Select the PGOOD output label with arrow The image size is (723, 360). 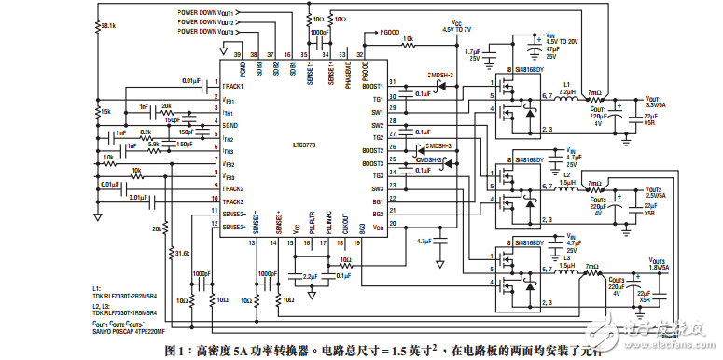pyautogui.click(x=388, y=31)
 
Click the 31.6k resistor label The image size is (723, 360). pyautogui.click(x=182, y=253)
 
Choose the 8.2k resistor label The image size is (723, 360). pyautogui.click(x=146, y=132)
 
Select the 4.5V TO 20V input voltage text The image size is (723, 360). pyautogui.click(x=565, y=41)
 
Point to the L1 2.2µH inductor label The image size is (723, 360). pyautogui.click(x=565, y=88)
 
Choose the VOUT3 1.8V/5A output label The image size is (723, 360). pyautogui.click(x=653, y=264)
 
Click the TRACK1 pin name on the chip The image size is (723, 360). pyautogui.click(x=238, y=86)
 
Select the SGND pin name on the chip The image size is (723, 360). pyautogui.click(x=230, y=124)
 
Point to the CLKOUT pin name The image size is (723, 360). pyautogui.click(x=345, y=225)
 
